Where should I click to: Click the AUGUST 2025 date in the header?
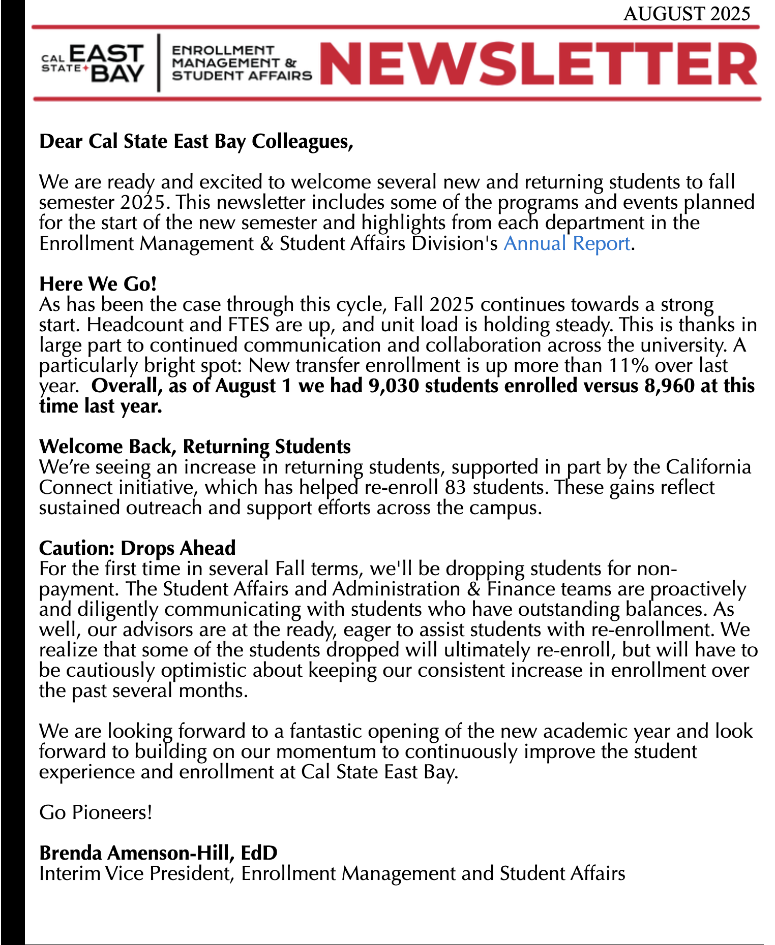[x=687, y=14]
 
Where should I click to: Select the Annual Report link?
[x=567, y=243]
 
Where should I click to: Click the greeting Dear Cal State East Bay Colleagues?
[x=196, y=141]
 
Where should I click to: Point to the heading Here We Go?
[x=98, y=284]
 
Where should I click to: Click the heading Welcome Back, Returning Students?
[x=195, y=447]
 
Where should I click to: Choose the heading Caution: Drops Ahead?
[x=137, y=548]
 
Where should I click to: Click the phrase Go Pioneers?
[x=96, y=812]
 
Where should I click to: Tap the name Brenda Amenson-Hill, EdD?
[x=158, y=853]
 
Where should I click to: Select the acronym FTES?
[x=245, y=325]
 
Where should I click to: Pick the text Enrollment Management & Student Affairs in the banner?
[x=241, y=63]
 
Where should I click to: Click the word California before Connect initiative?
[x=708, y=467]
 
